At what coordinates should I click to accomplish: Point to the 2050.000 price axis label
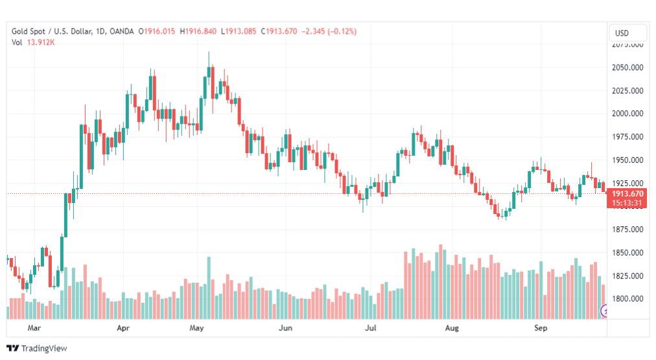pyautogui.click(x=627, y=67)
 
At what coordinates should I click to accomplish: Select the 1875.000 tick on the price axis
pyautogui.click(x=627, y=230)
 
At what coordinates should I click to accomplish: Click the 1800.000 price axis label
pyautogui.click(x=627, y=299)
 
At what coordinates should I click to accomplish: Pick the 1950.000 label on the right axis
pyautogui.click(x=627, y=160)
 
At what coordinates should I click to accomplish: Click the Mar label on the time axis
pyautogui.click(x=34, y=328)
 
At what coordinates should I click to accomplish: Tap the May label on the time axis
pyautogui.click(x=196, y=328)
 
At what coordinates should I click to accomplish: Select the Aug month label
pyautogui.click(x=452, y=328)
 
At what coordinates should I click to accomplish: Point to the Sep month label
pyautogui.click(x=541, y=328)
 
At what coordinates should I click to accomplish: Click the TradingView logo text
pyautogui.click(x=44, y=348)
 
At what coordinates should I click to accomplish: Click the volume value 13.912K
pyautogui.click(x=41, y=42)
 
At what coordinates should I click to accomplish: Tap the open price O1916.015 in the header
pyautogui.click(x=157, y=31)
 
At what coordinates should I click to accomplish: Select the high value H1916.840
pyautogui.click(x=198, y=31)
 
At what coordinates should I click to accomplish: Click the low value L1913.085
pyautogui.click(x=239, y=31)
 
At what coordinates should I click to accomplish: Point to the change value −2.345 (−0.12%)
pyautogui.click(x=329, y=31)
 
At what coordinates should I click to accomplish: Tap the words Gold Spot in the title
pyautogui.click(x=28, y=31)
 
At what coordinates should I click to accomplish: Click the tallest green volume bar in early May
pyautogui.click(x=209, y=288)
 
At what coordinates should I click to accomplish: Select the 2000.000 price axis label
pyautogui.click(x=627, y=114)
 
